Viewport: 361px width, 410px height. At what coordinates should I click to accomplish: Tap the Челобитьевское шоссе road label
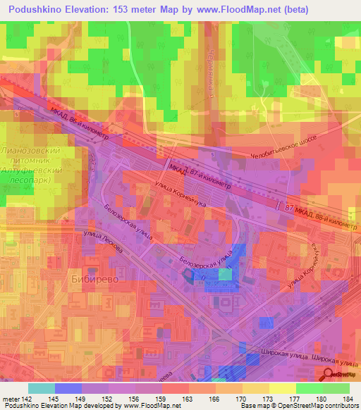point(289,146)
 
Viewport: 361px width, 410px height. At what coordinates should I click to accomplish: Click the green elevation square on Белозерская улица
point(225,273)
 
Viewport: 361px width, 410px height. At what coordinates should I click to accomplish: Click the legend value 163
point(186,400)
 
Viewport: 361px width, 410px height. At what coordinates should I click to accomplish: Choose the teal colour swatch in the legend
point(41,389)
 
